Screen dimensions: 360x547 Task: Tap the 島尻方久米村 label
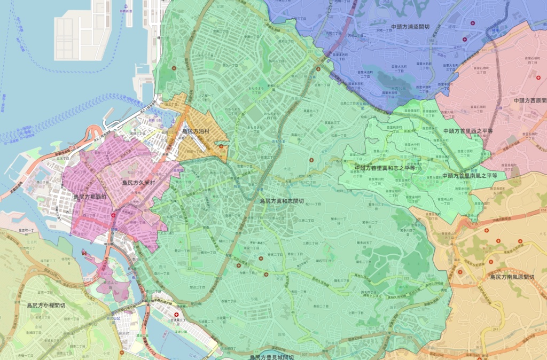(x=138, y=182)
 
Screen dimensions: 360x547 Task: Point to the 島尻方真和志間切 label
(x=282, y=201)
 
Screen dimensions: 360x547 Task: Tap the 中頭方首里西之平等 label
(x=467, y=130)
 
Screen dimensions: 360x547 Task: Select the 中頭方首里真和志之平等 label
(x=385, y=168)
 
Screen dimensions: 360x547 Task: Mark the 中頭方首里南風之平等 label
(x=470, y=175)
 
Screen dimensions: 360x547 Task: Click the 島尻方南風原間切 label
(x=512, y=277)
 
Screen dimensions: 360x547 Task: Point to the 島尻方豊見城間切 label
(x=272, y=357)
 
